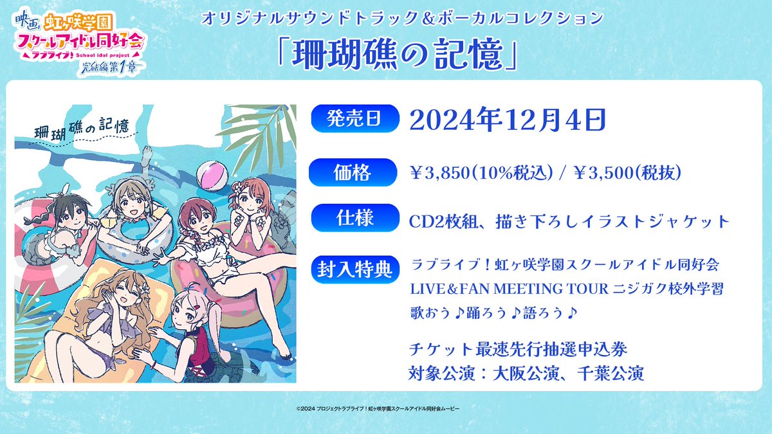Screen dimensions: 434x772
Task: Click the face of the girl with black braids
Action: (68, 217)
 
